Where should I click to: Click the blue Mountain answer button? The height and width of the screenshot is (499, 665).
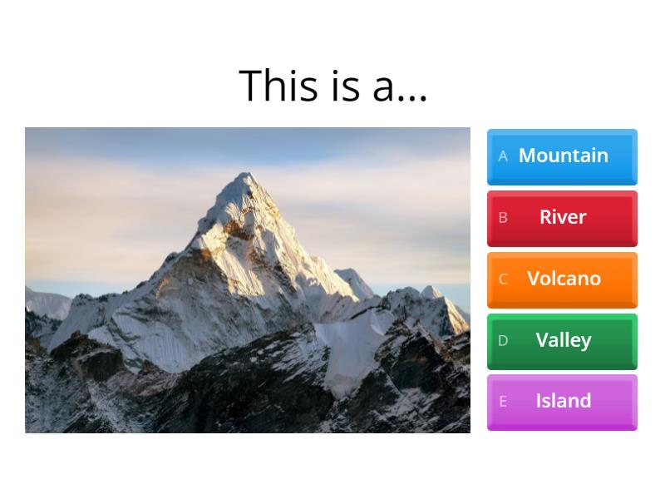coord(562,156)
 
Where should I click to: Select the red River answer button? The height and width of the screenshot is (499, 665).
coord(562,218)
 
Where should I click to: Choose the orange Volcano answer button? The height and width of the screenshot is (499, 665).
coord(562,279)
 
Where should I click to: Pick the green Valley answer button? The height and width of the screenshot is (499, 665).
coord(562,341)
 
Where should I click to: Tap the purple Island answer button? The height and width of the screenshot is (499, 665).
coord(562,402)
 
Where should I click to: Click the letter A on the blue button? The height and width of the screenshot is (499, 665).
coord(503,156)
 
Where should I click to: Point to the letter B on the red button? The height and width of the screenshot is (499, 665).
coord(503,218)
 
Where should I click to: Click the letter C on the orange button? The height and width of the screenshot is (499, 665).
coord(503,279)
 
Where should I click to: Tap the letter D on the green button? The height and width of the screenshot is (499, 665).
coord(503,341)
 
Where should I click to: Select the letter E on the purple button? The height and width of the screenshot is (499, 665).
coord(503,402)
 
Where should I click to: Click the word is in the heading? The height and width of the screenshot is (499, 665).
coord(344,86)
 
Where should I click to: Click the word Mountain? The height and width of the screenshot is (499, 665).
coord(564,156)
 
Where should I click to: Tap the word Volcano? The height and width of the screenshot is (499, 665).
coord(564,279)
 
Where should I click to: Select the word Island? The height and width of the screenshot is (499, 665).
coord(564,401)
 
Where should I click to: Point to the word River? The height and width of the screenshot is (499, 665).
coord(563,217)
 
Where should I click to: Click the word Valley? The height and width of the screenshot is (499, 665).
coord(564,340)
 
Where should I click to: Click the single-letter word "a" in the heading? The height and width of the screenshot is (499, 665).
coord(382,88)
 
